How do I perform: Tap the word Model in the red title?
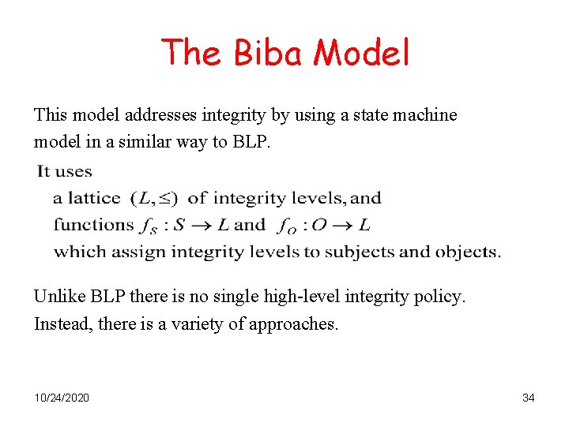click(361, 54)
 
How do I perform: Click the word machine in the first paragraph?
click(428, 115)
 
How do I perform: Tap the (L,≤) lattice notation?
click(154, 199)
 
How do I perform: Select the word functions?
click(92, 225)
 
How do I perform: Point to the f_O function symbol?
click(288, 226)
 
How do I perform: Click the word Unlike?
click(58, 297)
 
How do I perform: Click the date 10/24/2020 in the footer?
click(62, 398)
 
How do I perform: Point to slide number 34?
click(528, 398)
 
